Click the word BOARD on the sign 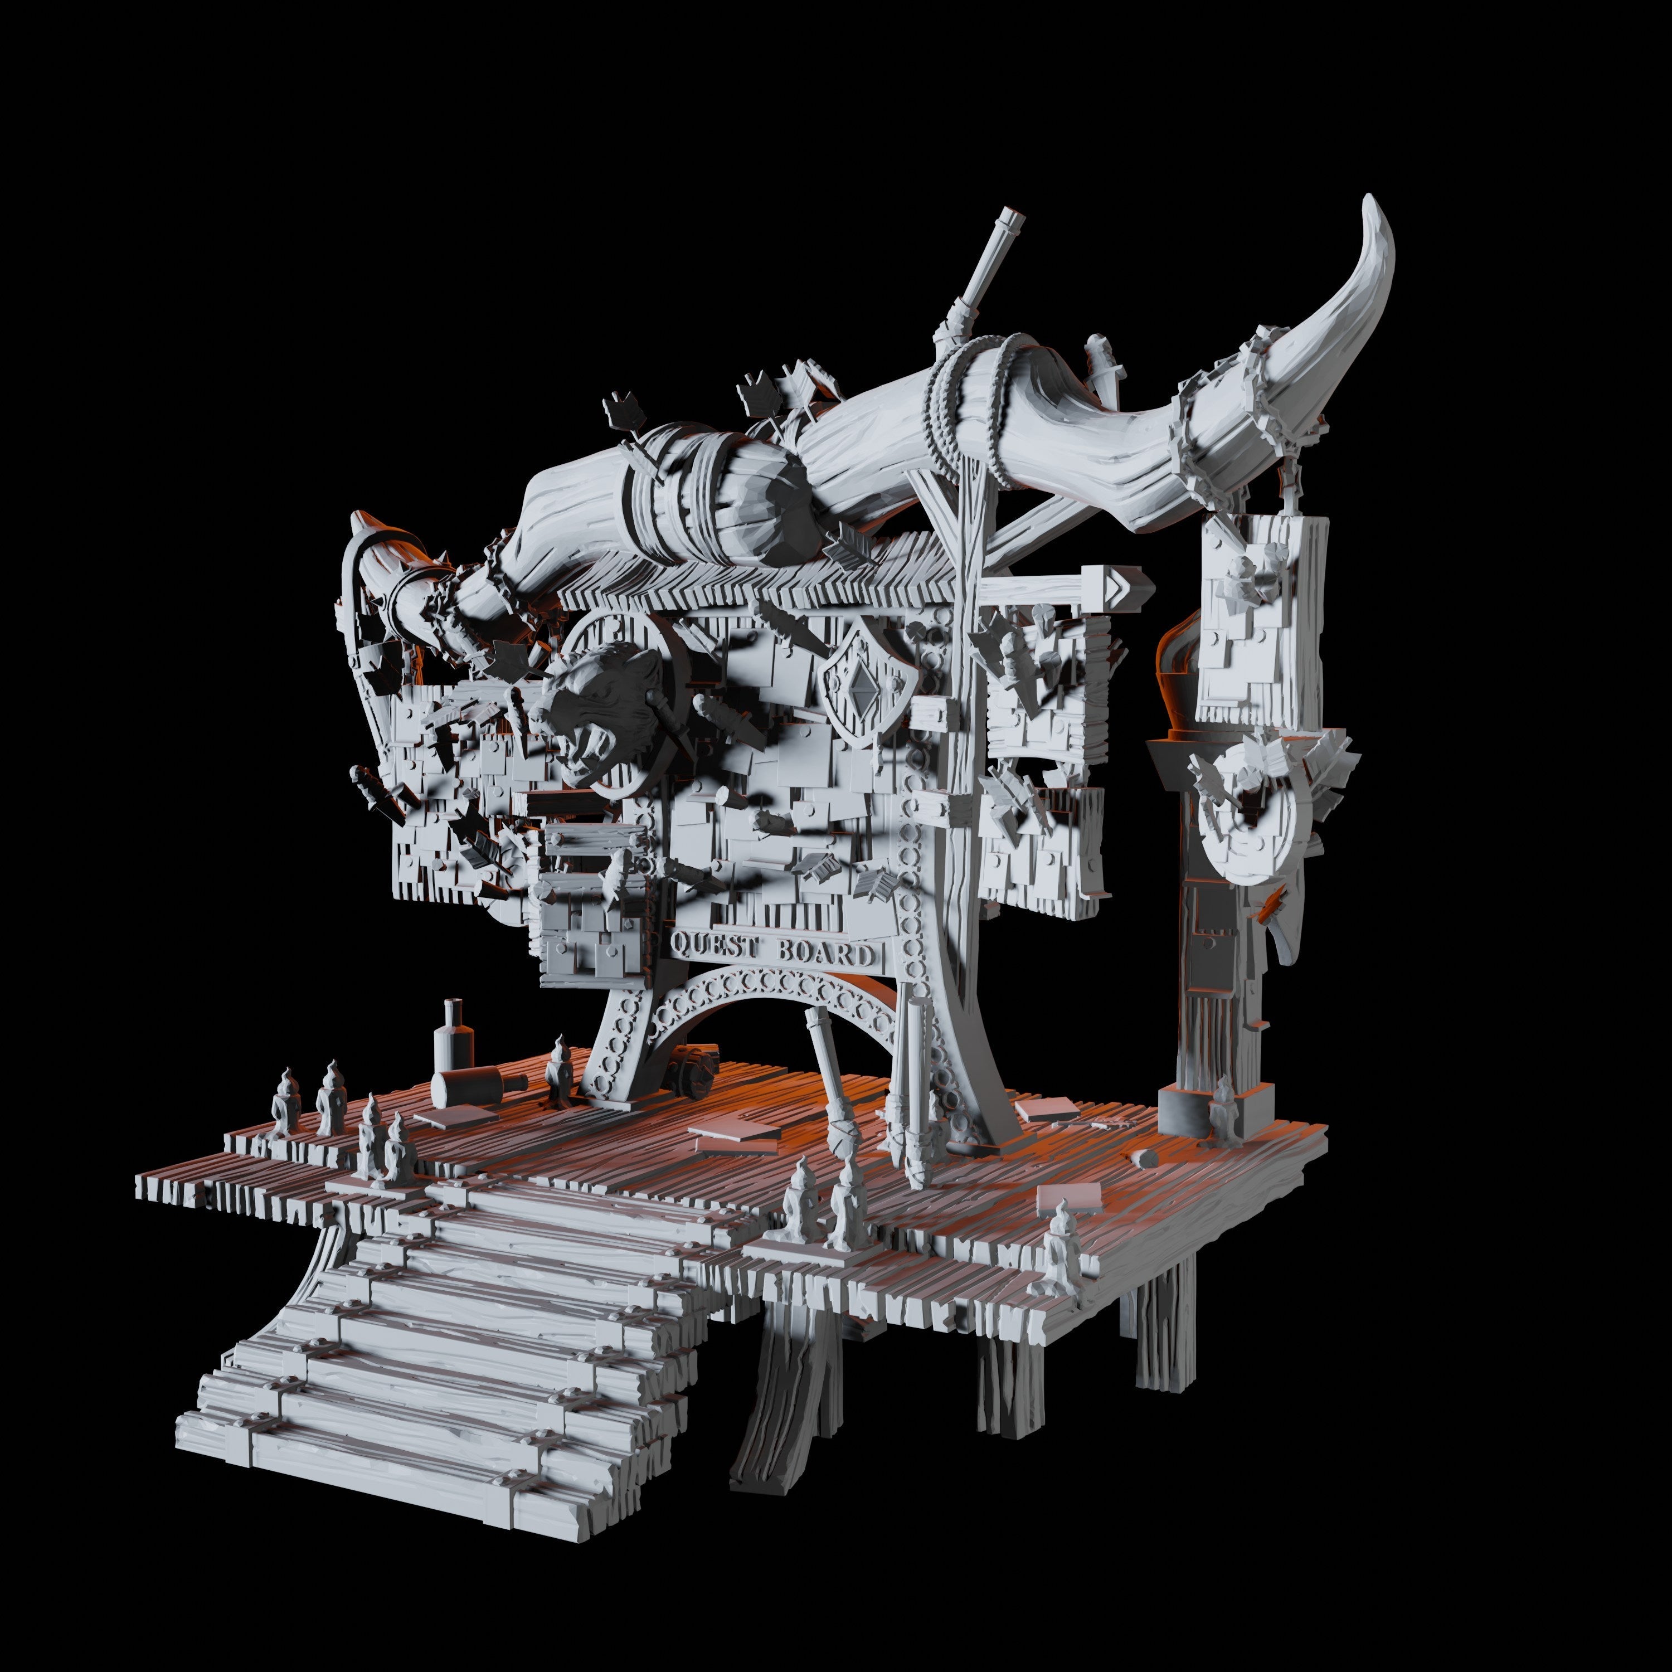pyautogui.click(x=823, y=953)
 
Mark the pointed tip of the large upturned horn pyautogui.click(x=1370, y=201)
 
